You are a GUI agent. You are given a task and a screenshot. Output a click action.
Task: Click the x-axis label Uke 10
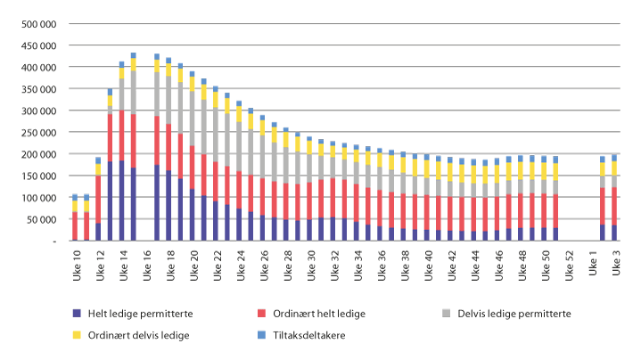(76, 263)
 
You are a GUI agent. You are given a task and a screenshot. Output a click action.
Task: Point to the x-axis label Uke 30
(309, 263)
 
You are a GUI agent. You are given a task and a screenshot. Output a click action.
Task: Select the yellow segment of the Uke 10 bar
(76, 206)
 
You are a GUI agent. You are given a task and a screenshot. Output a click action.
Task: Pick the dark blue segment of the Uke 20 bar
(192, 215)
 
